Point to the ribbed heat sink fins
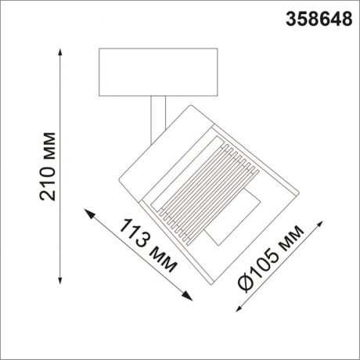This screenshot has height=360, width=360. (207, 188)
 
